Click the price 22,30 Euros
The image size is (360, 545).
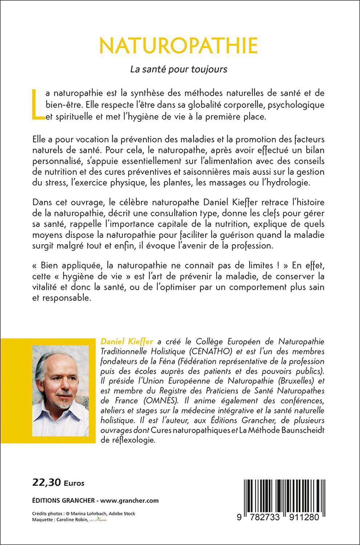coord(58,483)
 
